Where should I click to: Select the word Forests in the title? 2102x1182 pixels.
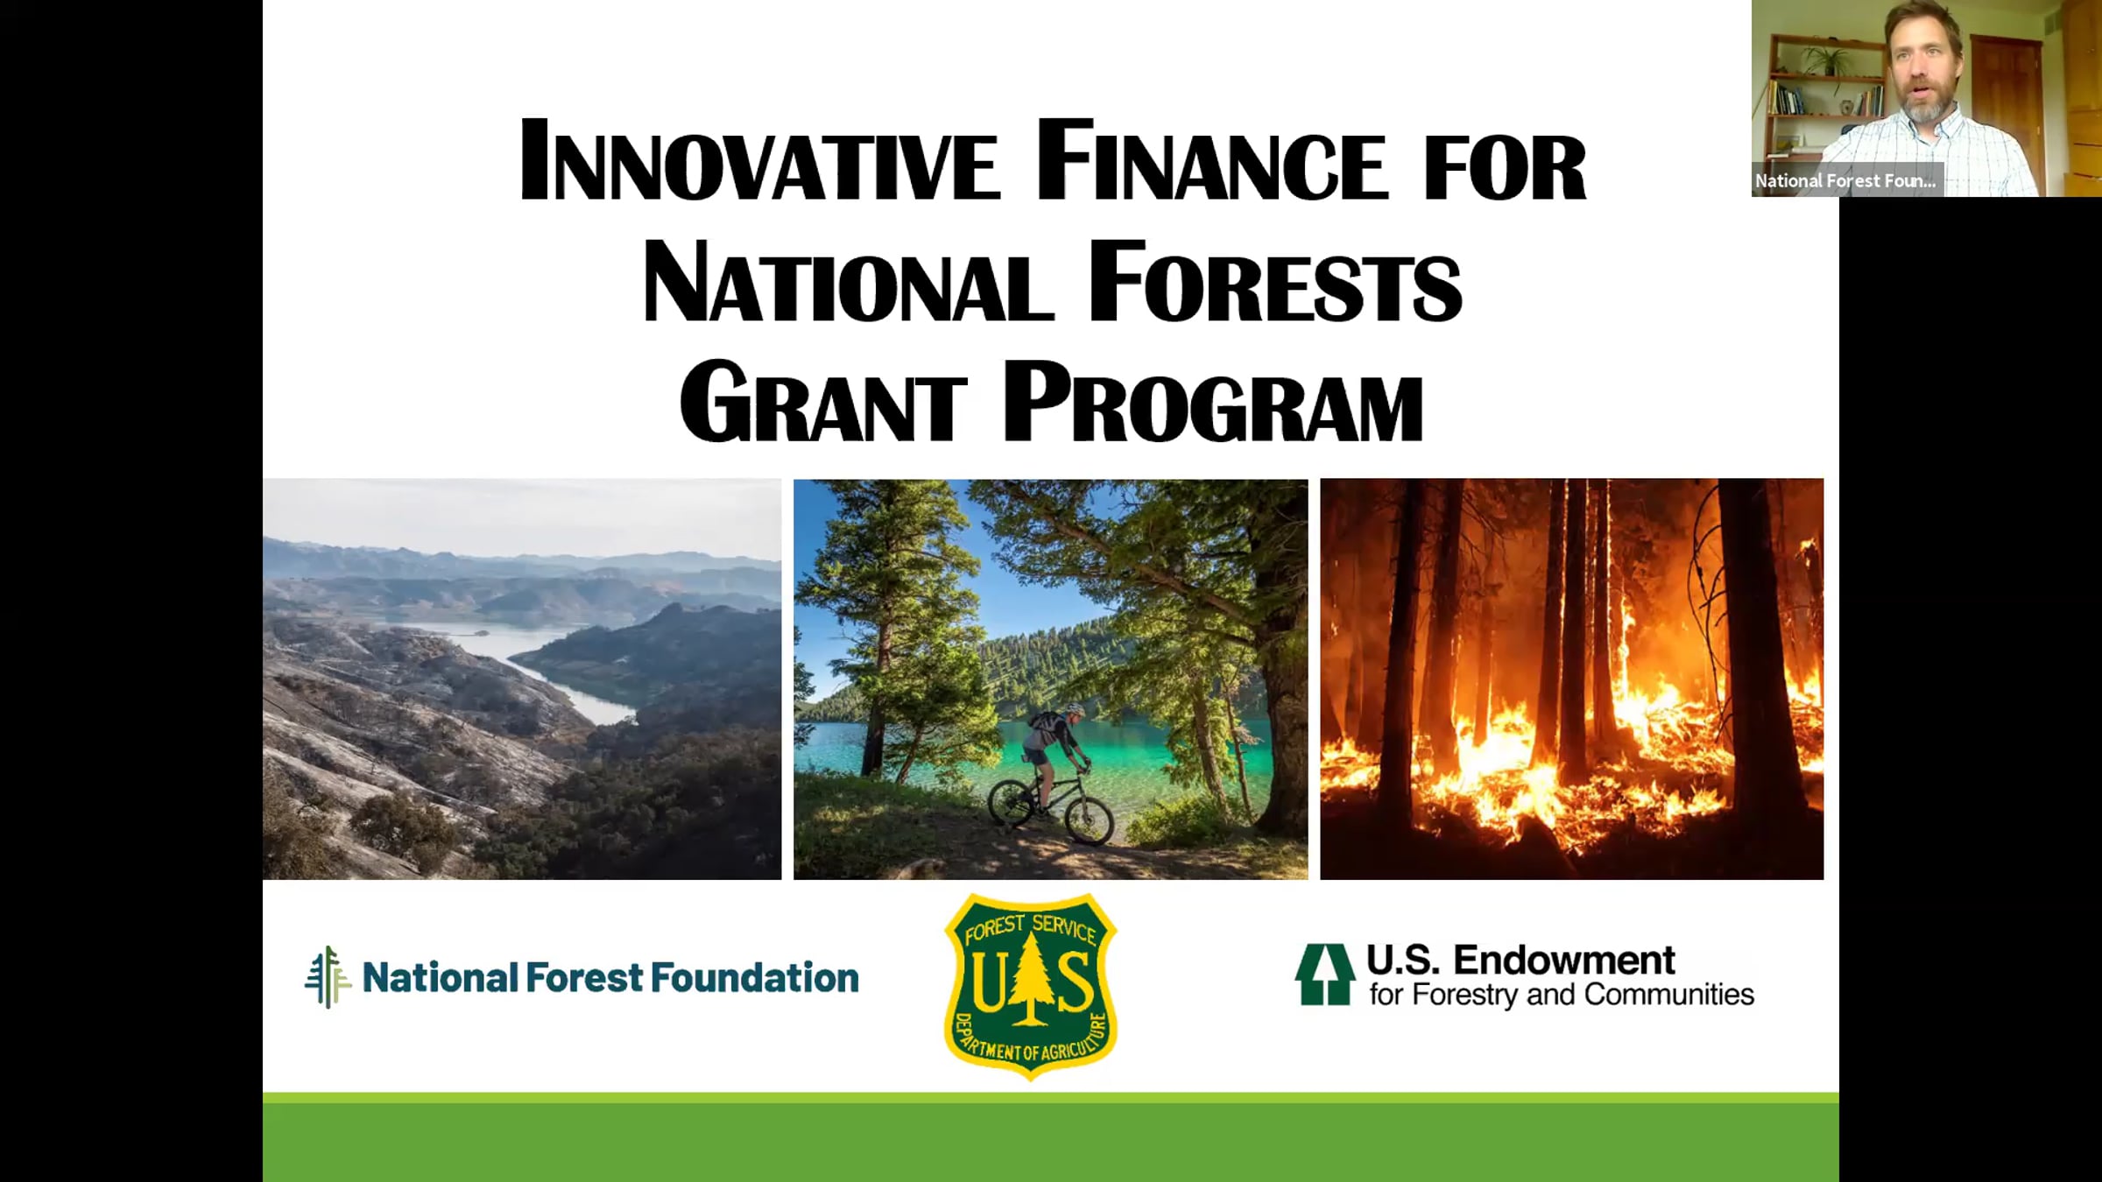[1274, 281]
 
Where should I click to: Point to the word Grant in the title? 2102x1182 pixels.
[823, 403]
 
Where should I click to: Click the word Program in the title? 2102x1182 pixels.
[1213, 403]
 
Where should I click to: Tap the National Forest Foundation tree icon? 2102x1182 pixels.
[328, 977]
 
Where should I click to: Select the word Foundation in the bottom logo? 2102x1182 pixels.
[755, 978]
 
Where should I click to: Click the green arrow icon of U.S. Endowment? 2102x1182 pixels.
[1324, 974]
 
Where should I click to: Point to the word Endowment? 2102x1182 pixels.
[1564, 960]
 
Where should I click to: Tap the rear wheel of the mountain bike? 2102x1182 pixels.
[1012, 803]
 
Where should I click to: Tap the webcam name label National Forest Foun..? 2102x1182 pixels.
[1845, 180]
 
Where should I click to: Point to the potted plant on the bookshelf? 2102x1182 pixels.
[1823, 60]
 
